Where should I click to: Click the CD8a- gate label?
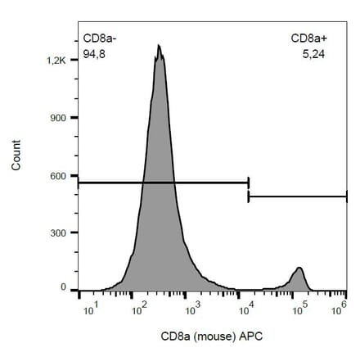click(x=101, y=38)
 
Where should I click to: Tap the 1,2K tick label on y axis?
click(x=56, y=61)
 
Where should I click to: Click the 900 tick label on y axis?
click(x=58, y=118)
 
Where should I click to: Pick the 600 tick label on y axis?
click(x=58, y=175)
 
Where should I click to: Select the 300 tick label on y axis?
click(x=58, y=232)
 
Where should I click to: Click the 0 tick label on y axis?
click(x=63, y=288)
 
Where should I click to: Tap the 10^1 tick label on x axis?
click(x=92, y=308)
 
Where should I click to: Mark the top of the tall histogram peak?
click(x=160, y=46)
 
